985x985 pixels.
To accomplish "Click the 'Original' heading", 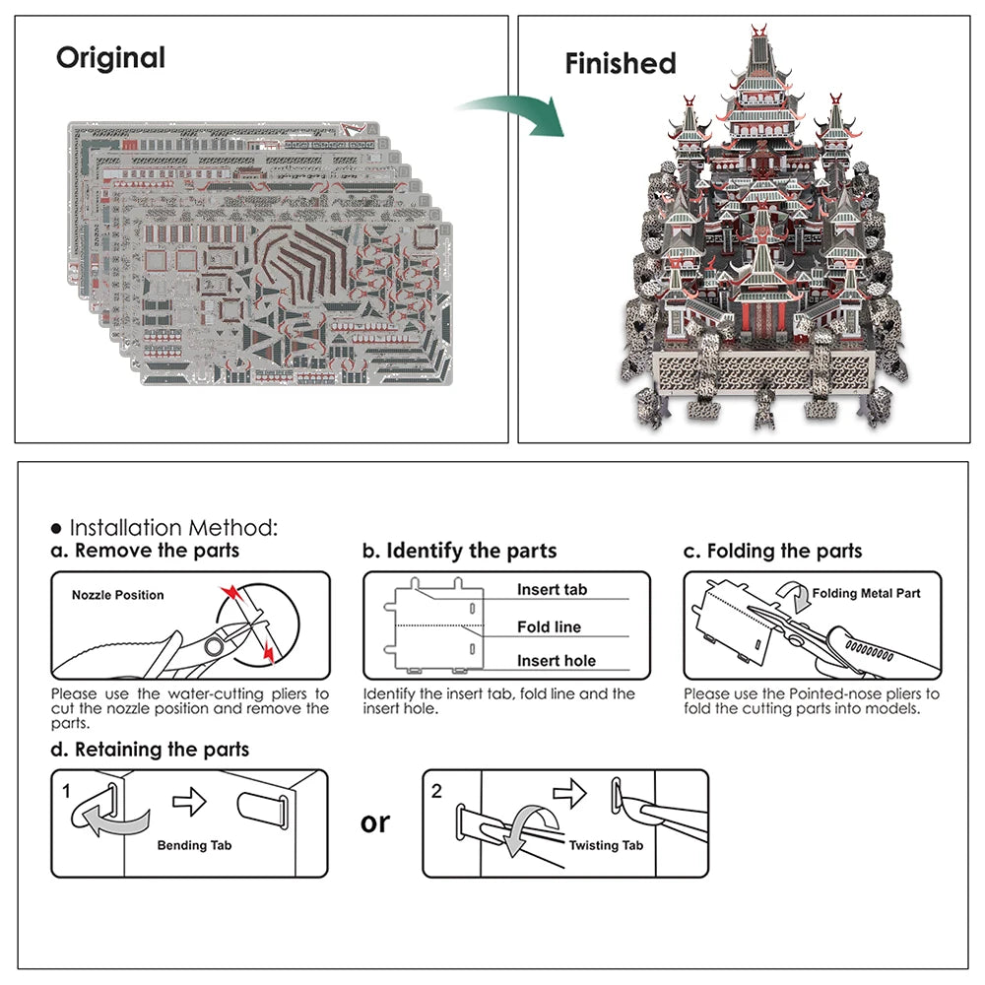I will (110, 57).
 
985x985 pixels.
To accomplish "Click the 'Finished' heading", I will (620, 64).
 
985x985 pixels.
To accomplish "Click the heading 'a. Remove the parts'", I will (145, 551).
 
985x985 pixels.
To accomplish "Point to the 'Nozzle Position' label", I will (117, 595).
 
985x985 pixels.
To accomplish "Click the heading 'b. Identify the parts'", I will (459, 551).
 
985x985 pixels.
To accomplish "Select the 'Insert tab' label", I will (552, 590).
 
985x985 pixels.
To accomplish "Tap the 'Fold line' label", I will (549, 626).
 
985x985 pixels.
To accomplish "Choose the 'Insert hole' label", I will (556, 661).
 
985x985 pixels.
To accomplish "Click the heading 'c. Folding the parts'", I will (772, 551).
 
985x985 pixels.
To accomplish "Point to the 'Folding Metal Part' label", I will (866, 593).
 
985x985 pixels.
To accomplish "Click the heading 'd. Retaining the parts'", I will (150, 750).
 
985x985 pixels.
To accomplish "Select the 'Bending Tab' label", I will (195, 845).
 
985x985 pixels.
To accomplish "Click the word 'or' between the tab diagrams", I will (374, 822).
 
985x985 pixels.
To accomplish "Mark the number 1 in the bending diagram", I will (67, 790).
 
